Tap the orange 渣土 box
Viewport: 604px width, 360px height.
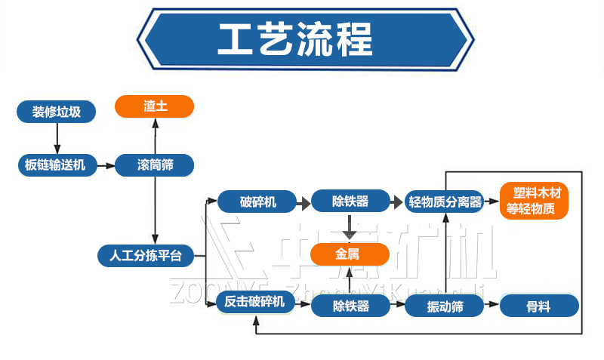click(155, 106)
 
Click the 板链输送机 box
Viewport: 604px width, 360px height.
click(57, 165)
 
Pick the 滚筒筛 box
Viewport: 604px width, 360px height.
click(155, 165)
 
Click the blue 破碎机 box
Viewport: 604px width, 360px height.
click(257, 202)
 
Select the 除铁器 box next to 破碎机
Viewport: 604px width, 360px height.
click(350, 202)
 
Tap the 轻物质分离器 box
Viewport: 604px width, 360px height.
click(444, 202)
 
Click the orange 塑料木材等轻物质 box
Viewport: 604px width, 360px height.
click(534, 202)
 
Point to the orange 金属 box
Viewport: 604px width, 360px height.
click(350, 255)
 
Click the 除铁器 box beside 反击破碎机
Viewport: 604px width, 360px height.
click(350, 306)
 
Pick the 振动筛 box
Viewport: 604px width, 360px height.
click(444, 306)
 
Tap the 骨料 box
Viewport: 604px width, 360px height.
click(538, 306)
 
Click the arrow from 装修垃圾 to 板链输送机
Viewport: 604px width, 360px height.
click(57, 139)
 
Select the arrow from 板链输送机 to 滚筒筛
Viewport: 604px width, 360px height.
click(106, 165)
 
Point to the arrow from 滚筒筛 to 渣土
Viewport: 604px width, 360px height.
click(155, 136)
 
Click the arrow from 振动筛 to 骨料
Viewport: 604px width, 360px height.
click(491, 306)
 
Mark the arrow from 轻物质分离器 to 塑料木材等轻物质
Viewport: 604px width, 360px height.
click(492, 202)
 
